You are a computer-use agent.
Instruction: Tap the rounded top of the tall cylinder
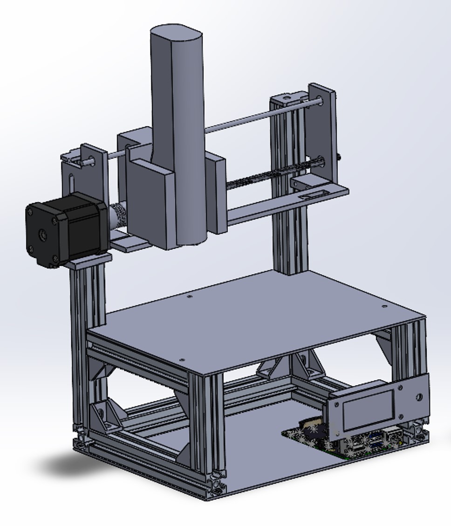click(176, 34)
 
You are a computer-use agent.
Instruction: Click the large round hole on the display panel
click(418, 398)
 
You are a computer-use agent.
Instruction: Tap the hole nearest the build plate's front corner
click(182, 360)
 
